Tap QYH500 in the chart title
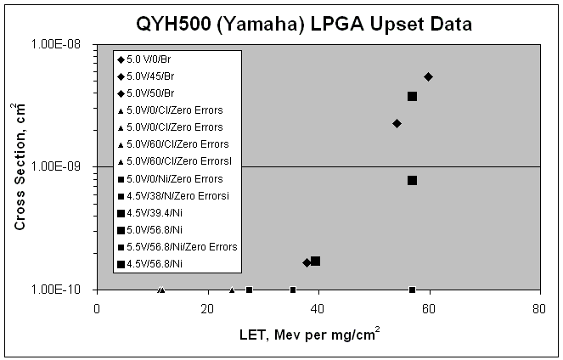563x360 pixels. pos(173,25)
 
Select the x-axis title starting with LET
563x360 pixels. pos(309,335)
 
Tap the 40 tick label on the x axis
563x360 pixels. pos(318,309)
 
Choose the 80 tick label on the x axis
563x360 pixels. pos(539,309)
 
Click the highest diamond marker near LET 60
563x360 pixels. pos(428,76)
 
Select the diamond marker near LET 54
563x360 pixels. pos(397,123)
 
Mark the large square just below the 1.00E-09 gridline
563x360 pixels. pos(412,180)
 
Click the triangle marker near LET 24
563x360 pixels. pos(232,290)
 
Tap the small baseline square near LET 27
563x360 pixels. pos(249,290)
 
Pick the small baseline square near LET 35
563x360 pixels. pos(293,290)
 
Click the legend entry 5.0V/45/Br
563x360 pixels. pos(146,76)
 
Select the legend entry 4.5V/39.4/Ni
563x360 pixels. pos(149,213)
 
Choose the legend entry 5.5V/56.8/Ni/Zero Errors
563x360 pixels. pos(177,247)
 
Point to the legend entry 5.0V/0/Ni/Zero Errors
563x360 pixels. pos(170,179)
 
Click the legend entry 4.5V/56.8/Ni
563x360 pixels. pos(149,264)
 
